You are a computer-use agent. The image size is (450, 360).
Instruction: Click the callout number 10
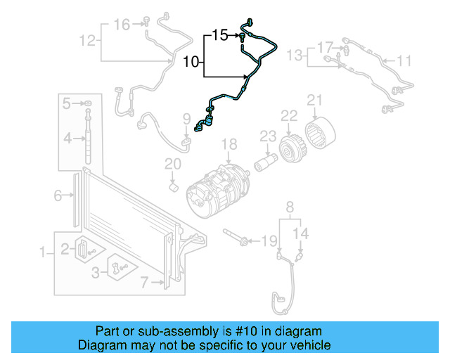(x=191, y=62)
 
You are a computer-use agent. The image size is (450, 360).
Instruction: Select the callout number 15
(x=220, y=34)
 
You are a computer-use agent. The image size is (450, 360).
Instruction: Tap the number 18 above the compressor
(x=231, y=146)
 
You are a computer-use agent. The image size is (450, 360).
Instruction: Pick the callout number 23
(x=267, y=136)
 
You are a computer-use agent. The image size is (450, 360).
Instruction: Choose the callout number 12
(x=87, y=41)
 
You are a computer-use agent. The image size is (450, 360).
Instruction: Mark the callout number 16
(x=122, y=25)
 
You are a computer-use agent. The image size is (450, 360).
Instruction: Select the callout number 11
(x=404, y=61)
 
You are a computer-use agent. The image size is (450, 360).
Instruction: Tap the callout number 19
(x=269, y=241)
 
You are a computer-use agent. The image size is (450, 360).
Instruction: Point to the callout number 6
(x=59, y=196)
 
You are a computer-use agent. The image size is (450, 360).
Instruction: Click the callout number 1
(x=44, y=251)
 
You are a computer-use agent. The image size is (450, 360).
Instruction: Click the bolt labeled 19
(x=235, y=237)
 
